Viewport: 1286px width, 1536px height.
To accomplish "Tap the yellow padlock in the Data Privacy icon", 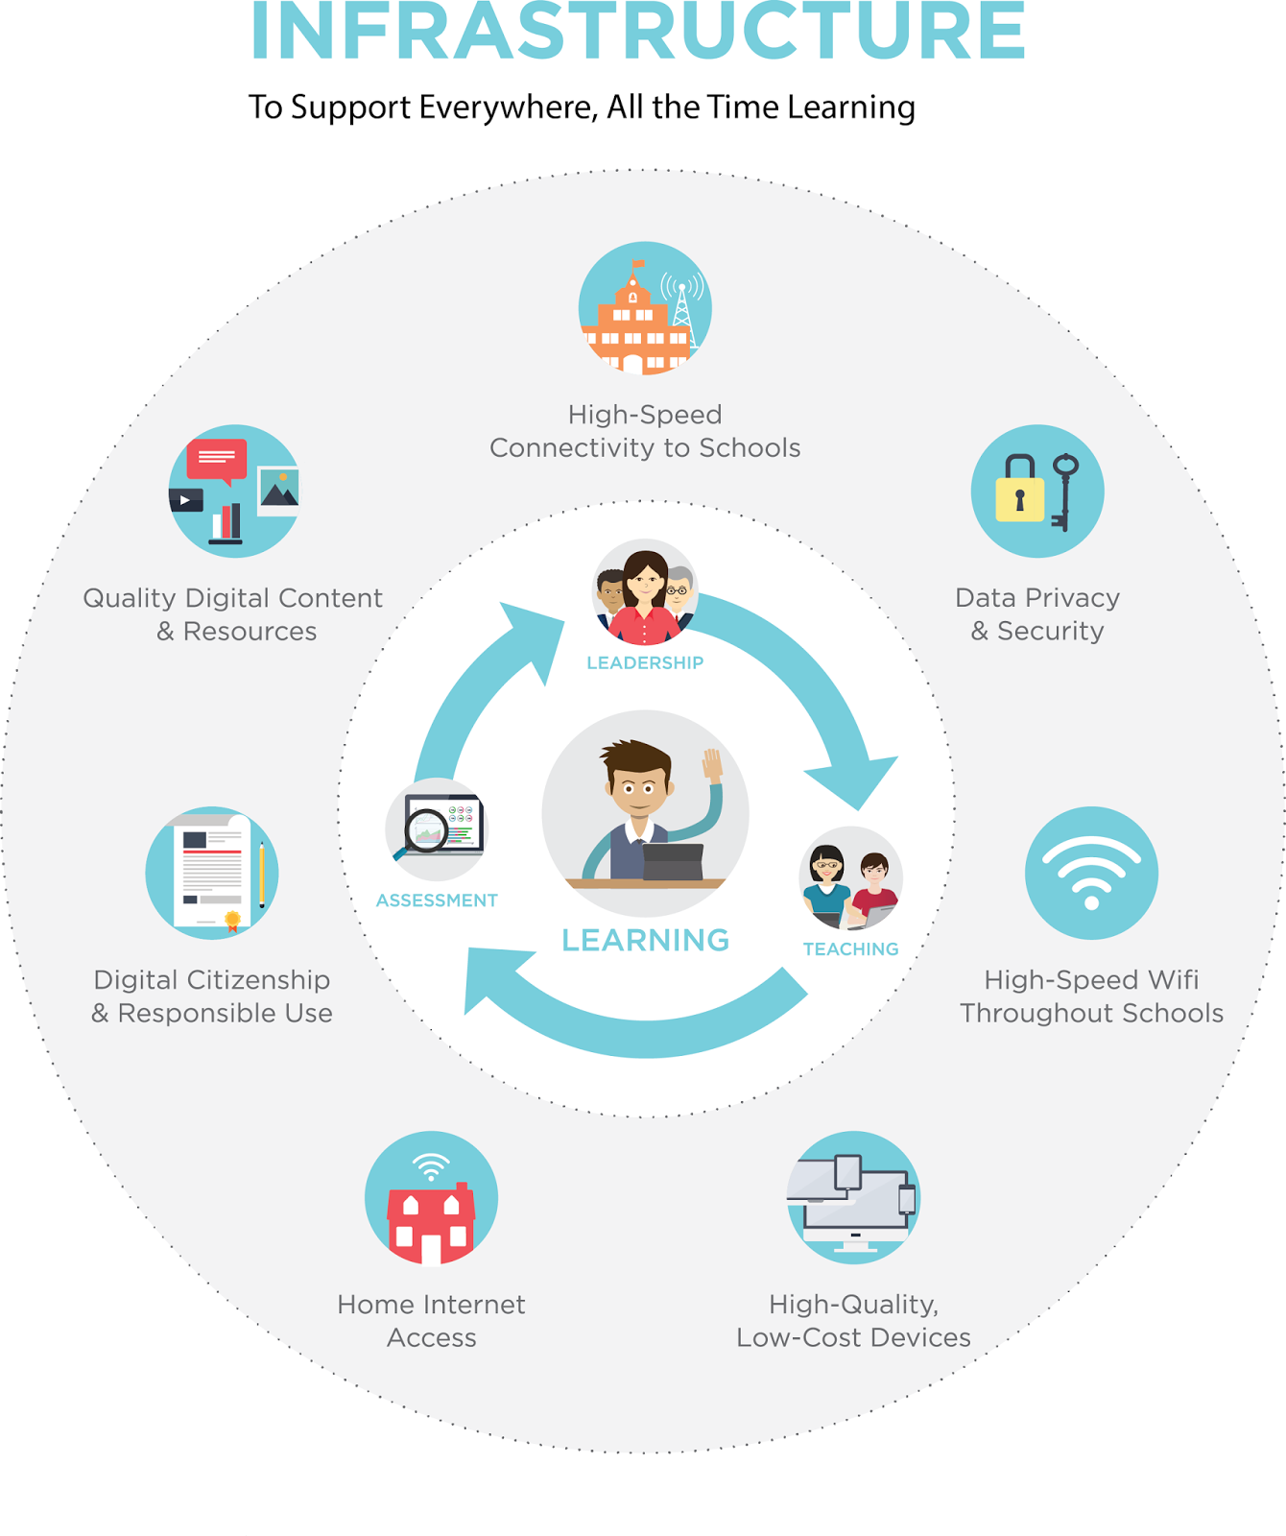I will coord(1019,492).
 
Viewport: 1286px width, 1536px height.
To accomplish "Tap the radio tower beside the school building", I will coord(681,307).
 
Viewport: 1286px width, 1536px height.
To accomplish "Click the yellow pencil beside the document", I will coord(261,875).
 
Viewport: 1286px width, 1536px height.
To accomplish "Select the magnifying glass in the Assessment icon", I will coord(426,829).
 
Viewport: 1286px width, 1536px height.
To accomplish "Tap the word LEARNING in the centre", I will coord(645,940).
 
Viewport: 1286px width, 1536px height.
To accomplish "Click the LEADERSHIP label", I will coord(645,662).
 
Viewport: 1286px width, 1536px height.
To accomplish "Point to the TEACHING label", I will coord(850,948).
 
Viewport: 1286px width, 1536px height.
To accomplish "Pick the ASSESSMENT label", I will coord(437,900).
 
